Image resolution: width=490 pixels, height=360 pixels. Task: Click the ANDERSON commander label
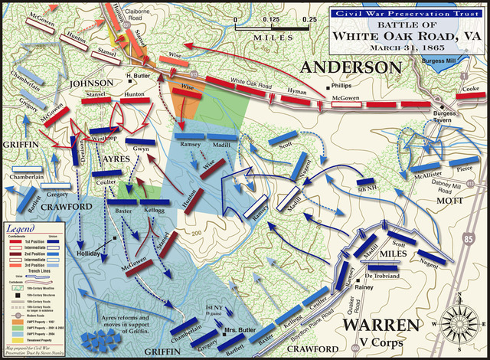[351, 68]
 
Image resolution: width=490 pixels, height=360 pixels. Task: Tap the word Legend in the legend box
[22, 228]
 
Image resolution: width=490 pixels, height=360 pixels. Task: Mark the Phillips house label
[342, 86]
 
